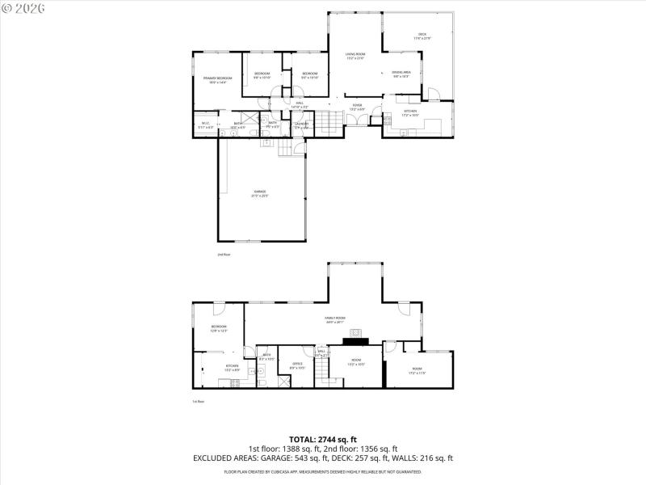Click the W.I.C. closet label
(x=206, y=124)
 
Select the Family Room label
(x=335, y=320)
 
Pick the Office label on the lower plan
(x=297, y=365)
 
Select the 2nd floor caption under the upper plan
(x=224, y=255)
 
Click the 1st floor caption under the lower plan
(x=198, y=402)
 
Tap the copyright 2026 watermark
(x=23, y=7)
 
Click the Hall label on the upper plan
(x=299, y=103)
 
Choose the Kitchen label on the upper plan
(x=410, y=111)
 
